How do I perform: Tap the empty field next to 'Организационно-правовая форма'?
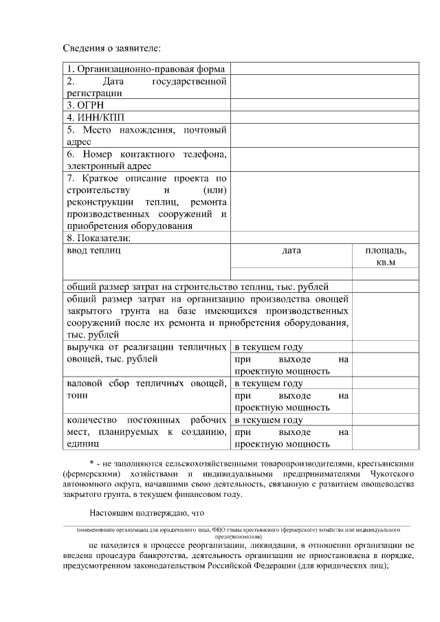(x=324, y=69)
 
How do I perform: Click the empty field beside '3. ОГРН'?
(x=324, y=105)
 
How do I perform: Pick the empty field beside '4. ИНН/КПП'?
(x=324, y=117)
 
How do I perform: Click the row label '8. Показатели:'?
(x=99, y=238)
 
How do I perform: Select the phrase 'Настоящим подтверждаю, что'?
(x=146, y=512)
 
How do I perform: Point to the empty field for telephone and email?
(x=324, y=159)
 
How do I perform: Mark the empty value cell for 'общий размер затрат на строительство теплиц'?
(x=385, y=286)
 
